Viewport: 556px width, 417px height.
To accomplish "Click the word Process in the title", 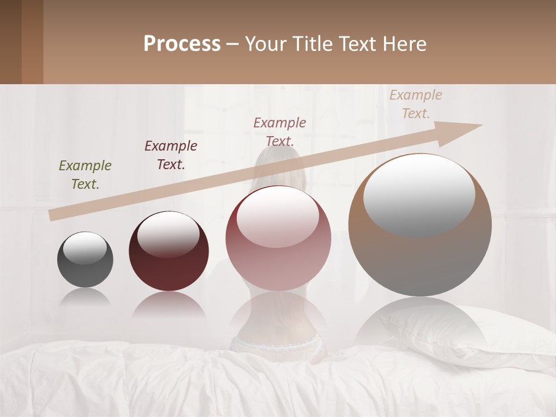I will coord(182,44).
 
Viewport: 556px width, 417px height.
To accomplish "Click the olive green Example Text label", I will coord(85,175).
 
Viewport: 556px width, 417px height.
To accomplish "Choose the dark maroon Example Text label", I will coord(171,155).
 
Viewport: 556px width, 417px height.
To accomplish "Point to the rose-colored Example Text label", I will coord(280,131).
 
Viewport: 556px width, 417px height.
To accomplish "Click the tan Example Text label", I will coord(416,104).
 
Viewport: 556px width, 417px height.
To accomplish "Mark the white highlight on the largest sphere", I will coord(419,194).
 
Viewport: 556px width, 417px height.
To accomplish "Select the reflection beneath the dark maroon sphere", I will coord(169,306).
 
